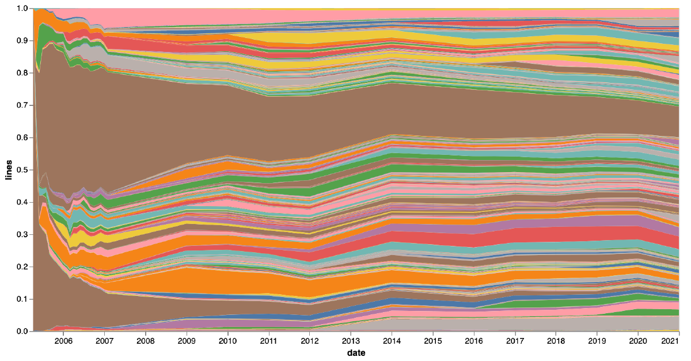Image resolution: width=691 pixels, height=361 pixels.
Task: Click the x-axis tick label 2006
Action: [63, 341]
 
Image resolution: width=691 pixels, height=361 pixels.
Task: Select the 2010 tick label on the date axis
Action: [228, 341]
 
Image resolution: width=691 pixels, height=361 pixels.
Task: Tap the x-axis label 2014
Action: [392, 341]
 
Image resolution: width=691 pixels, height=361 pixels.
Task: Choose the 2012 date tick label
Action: [310, 341]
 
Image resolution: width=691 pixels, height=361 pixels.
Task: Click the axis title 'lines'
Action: [8, 170]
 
